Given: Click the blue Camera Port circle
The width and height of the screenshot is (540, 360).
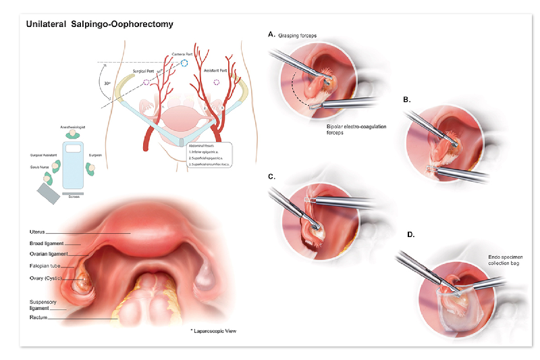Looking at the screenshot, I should click(185, 63).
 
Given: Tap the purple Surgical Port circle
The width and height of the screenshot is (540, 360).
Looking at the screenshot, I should click(147, 82).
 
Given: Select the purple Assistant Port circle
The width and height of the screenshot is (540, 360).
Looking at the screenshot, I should click(217, 82).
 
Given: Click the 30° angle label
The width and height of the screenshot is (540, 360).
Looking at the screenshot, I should click(108, 84).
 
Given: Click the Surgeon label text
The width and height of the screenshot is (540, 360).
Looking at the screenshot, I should click(95, 155).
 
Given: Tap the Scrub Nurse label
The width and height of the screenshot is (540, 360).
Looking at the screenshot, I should click(40, 166).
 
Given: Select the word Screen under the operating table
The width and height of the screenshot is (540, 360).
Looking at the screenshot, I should click(73, 197).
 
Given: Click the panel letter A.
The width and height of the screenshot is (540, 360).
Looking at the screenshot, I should click(271, 34).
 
